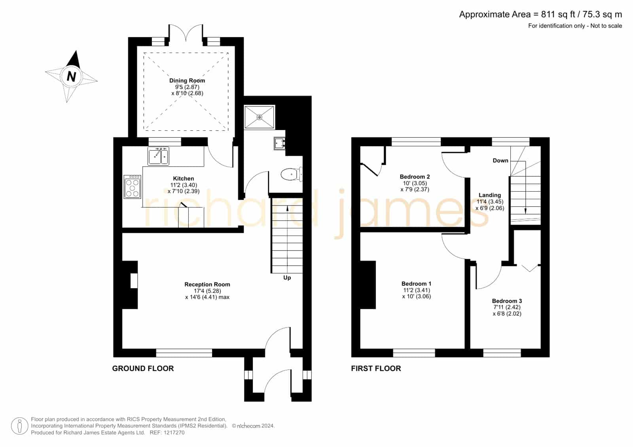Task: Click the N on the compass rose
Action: point(72,77)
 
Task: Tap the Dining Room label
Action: point(187,81)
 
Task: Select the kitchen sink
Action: point(158,156)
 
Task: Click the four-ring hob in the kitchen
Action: point(132,187)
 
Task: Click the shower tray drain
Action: point(260,117)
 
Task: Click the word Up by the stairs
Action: point(287,277)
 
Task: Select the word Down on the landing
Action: point(500,160)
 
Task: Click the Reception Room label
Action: point(207,284)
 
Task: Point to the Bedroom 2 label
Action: point(415,177)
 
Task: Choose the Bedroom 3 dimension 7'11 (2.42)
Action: point(507,307)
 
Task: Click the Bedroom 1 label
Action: point(416,283)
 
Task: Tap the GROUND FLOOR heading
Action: point(143,368)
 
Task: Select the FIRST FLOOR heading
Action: point(376,368)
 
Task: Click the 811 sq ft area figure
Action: point(558,14)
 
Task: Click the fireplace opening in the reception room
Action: point(134,281)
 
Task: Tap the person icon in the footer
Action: point(19,426)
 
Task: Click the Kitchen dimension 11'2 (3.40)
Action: point(184,185)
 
